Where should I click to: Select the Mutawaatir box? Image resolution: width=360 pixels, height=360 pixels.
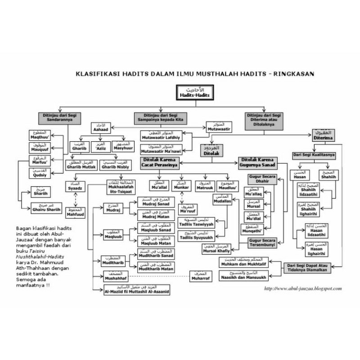pos(219,127)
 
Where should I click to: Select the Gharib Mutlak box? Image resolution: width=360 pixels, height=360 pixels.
pos(81,164)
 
